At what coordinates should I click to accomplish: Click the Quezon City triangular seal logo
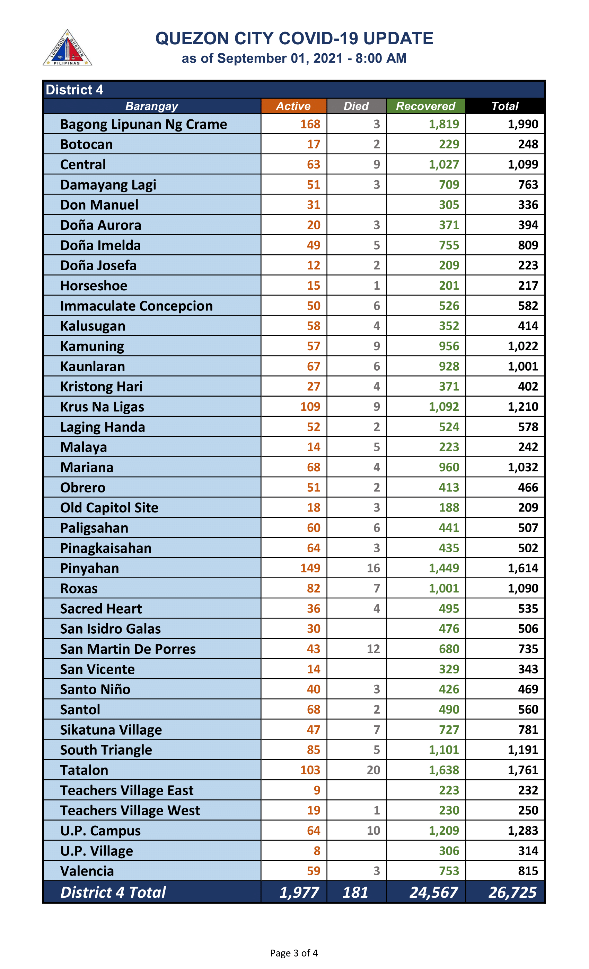click(67, 48)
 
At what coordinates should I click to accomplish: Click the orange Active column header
click(293, 106)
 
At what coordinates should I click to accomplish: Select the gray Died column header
click(356, 106)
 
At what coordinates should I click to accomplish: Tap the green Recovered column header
click(425, 106)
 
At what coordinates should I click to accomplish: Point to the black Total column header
click(504, 106)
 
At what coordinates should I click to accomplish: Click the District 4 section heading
click(74, 90)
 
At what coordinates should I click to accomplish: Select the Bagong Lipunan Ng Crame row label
click(143, 124)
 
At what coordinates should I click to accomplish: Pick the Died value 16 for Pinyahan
click(373, 568)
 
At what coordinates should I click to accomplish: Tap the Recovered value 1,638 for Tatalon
click(444, 770)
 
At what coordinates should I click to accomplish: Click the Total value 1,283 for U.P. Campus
click(522, 830)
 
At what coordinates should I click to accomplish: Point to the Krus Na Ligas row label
click(102, 407)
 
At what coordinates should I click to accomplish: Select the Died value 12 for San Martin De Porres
click(373, 649)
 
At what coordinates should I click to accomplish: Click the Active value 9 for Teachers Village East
click(317, 790)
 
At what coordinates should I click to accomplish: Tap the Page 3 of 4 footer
click(294, 952)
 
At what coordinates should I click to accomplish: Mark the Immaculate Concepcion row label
click(136, 306)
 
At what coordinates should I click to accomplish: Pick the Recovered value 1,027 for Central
click(444, 164)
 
